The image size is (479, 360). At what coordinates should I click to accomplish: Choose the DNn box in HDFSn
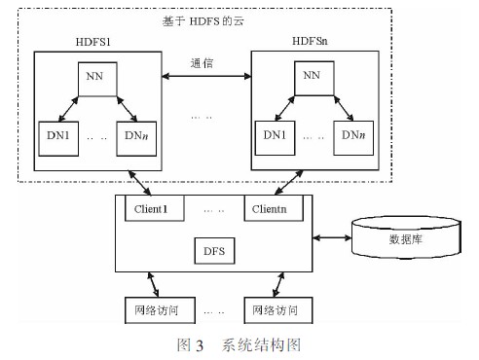[352, 139]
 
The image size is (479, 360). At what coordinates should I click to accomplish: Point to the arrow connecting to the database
[332, 237]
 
